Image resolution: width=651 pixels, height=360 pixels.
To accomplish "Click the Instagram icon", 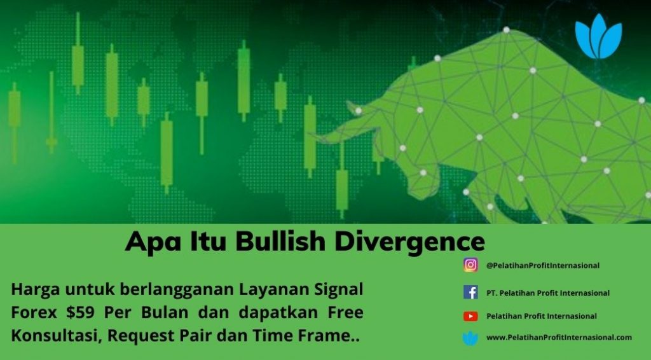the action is [470, 265].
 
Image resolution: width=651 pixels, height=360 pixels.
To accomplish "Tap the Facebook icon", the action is [470, 293].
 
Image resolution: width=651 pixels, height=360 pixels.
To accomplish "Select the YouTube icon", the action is [470, 316].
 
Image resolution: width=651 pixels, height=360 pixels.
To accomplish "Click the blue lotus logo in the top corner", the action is [598, 36].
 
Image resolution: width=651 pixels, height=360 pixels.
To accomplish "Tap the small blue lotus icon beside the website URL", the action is [470, 338].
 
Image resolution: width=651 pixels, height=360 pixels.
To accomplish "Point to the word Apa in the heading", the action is [153, 242].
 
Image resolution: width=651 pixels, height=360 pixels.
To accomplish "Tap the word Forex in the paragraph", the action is [34, 312].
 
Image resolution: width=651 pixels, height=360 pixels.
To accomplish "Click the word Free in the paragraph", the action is [345, 312].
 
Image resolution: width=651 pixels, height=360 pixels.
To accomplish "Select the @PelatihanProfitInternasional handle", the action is [543, 265].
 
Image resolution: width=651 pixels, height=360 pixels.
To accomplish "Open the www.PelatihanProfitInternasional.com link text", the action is [559, 338].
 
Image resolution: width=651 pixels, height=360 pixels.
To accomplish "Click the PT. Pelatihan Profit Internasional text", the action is [548, 293].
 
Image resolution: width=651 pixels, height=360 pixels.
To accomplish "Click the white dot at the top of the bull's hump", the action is [506, 30].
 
